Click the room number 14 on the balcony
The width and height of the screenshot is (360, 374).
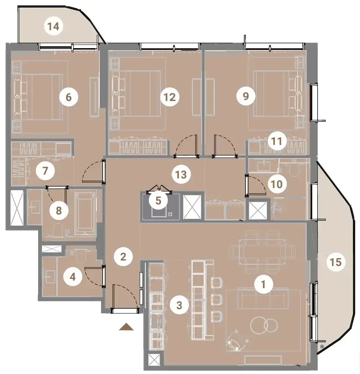point(54,26)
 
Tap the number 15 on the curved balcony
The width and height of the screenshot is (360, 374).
point(336,262)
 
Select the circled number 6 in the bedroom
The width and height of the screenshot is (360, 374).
point(68,97)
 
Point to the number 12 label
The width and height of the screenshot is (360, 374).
point(170,97)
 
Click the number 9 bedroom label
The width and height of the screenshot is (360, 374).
point(246,96)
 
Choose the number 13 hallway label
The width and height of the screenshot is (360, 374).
point(181,175)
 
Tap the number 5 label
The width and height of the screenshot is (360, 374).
point(158,201)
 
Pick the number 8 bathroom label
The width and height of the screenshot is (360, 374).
point(59,211)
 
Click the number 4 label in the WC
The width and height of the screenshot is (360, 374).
point(73,277)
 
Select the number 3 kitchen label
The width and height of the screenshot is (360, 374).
point(179,305)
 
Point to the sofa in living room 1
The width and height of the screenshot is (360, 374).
point(263,298)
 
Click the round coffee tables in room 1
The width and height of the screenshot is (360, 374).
point(264,325)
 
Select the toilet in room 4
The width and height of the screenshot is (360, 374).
point(80,255)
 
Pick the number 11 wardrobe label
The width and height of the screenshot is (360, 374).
point(277,141)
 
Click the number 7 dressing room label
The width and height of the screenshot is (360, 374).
point(45,171)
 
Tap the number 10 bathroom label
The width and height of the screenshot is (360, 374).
point(277,184)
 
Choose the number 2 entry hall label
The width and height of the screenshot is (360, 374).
point(123,257)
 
